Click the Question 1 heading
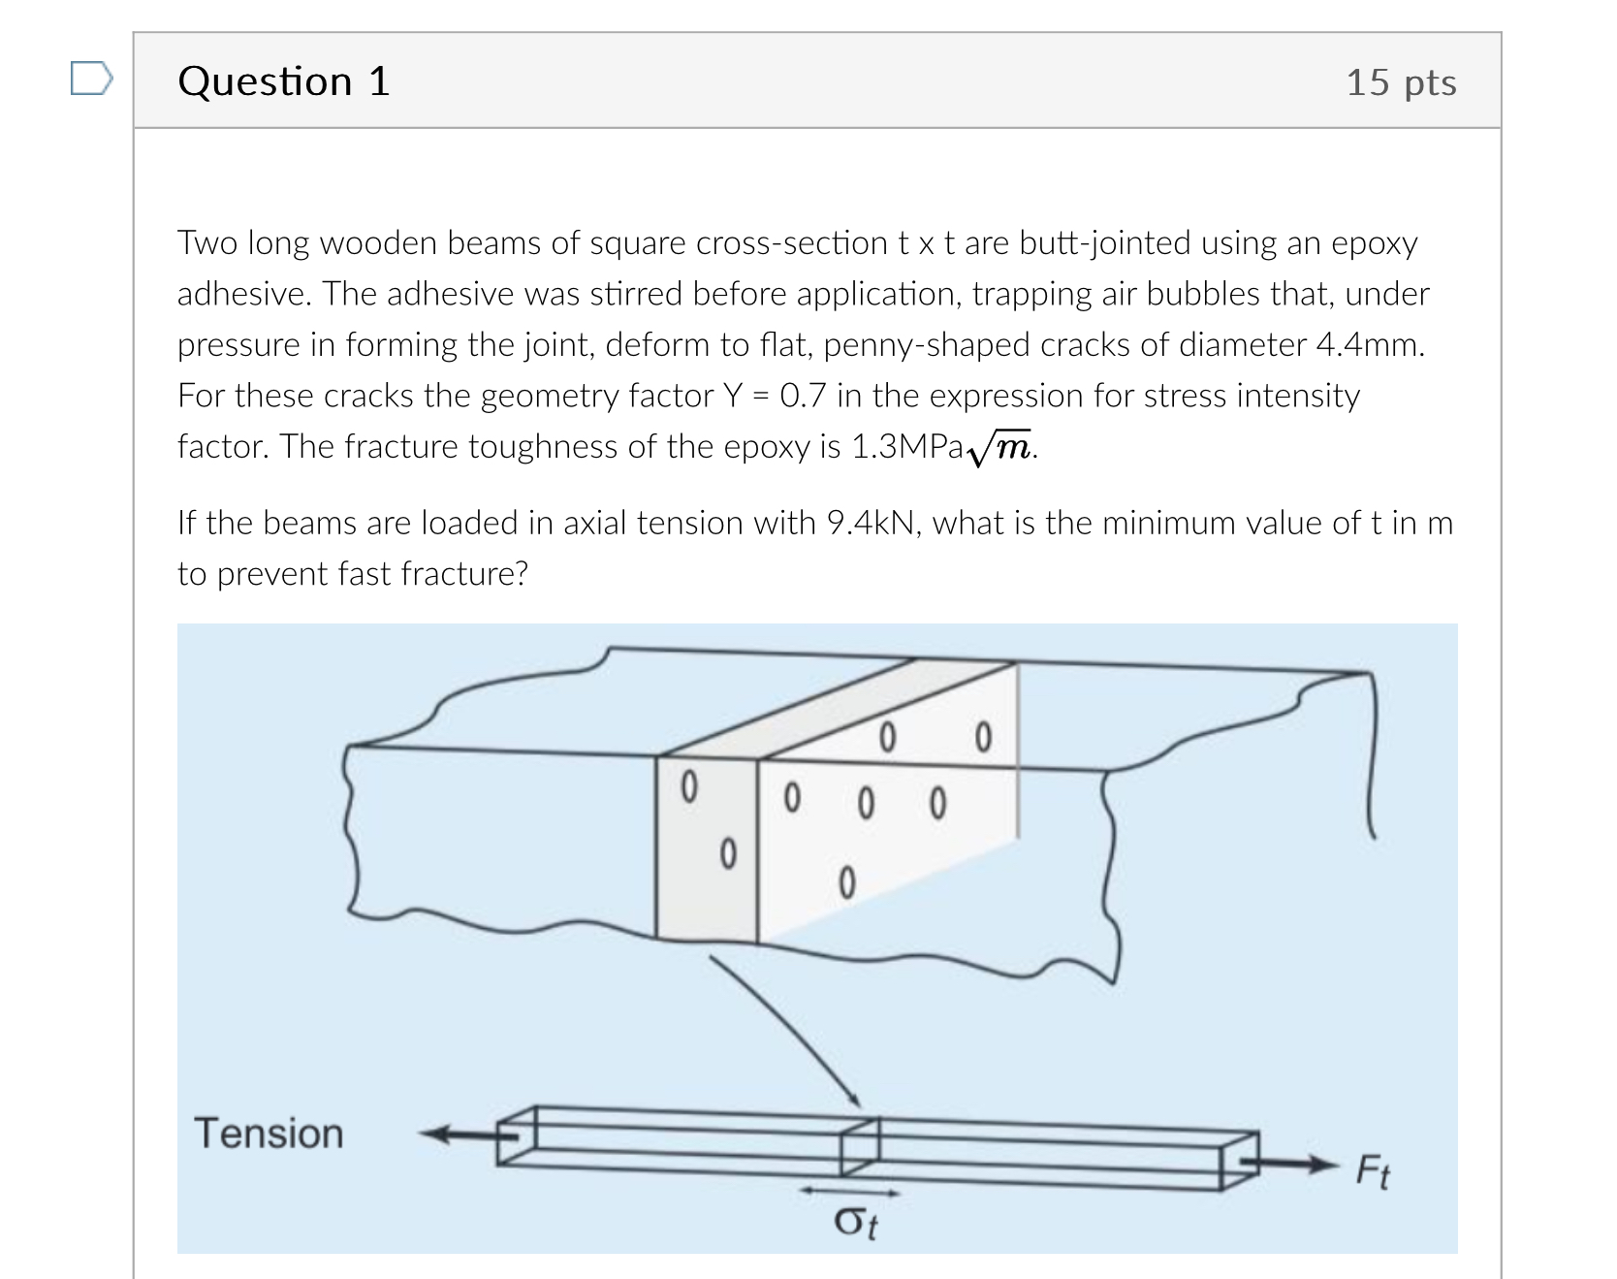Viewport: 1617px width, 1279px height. pyautogui.click(x=284, y=81)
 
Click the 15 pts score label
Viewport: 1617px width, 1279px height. pyautogui.click(x=1400, y=82)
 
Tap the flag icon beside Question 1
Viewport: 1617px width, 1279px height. pyautogui.click(x=91, y=80)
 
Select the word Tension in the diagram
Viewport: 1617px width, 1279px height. pyautogui.click(x=269, y=1134)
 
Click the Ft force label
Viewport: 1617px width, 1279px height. pyautogui.click(x=1372, y=1171)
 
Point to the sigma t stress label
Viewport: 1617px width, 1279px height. pyautogui.click(x=855, y=1223)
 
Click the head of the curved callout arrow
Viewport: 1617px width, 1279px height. pyautogui.click(x=854, y=1100)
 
